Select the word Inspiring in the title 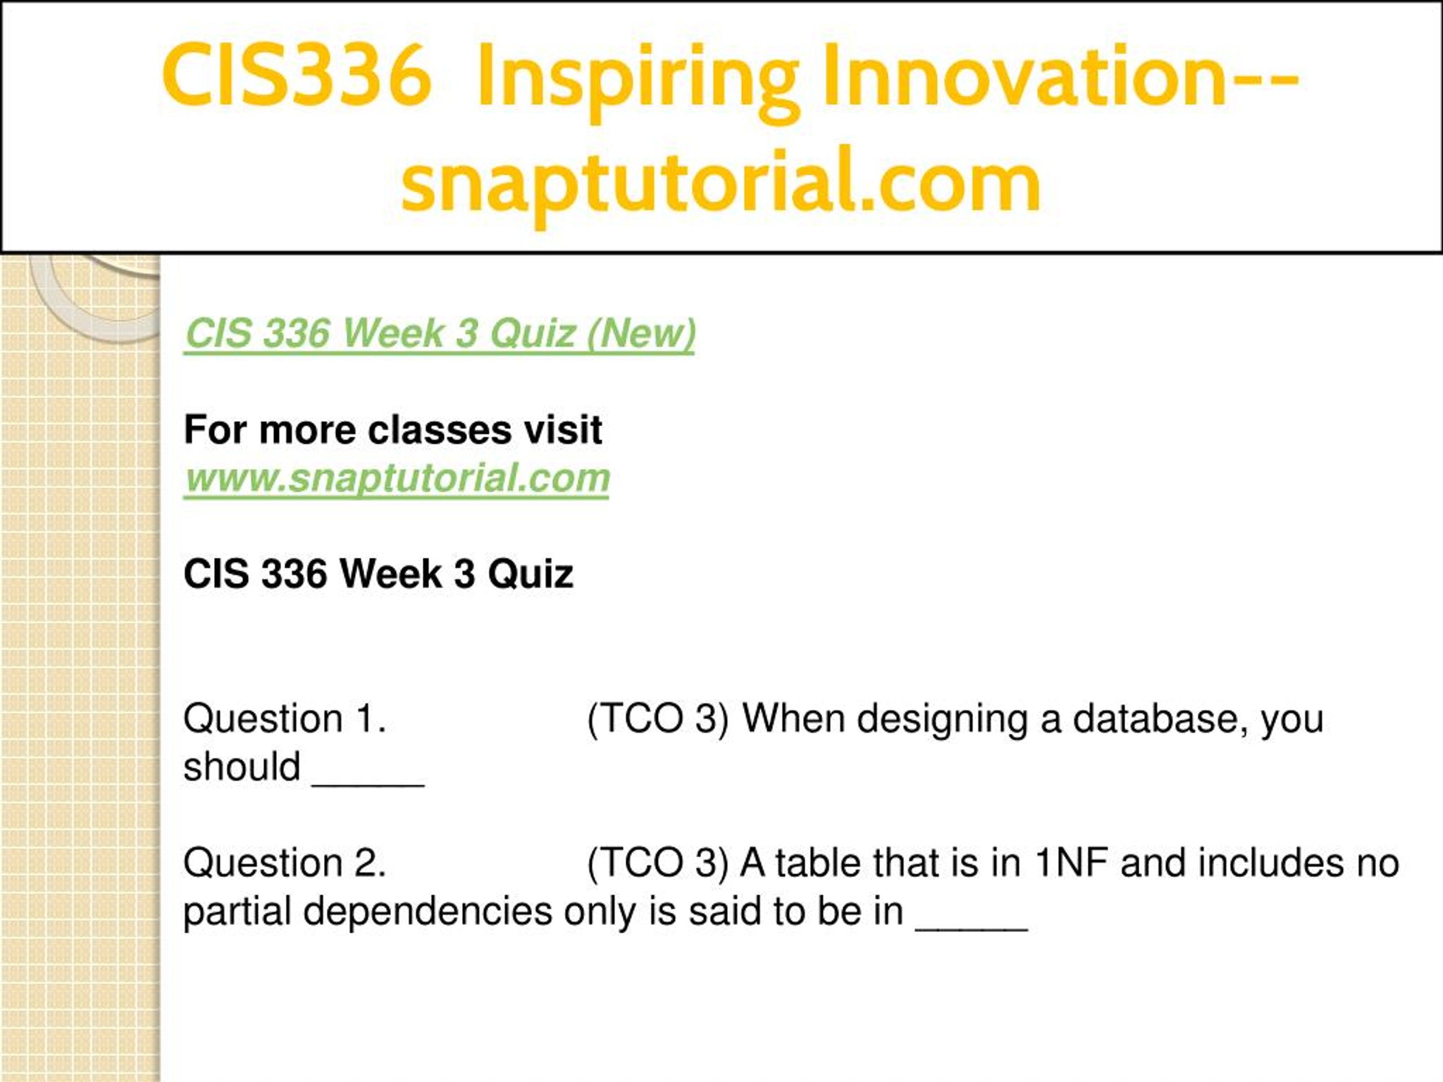point(638,81)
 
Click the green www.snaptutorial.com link point(397,478)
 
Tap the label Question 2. point(285,863)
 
